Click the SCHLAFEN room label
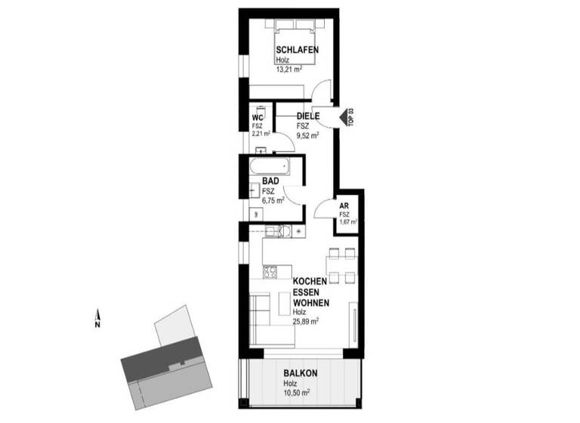[296, 50]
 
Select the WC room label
[257, 118]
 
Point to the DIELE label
[307, 116]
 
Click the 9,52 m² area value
[307, 136]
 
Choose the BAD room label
[270, 181]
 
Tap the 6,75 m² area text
[273, 201]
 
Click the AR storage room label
[344, 205]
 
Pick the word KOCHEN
[310, 280]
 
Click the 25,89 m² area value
[306, 321]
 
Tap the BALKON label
[301, 373]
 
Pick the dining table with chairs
[339, 263]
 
